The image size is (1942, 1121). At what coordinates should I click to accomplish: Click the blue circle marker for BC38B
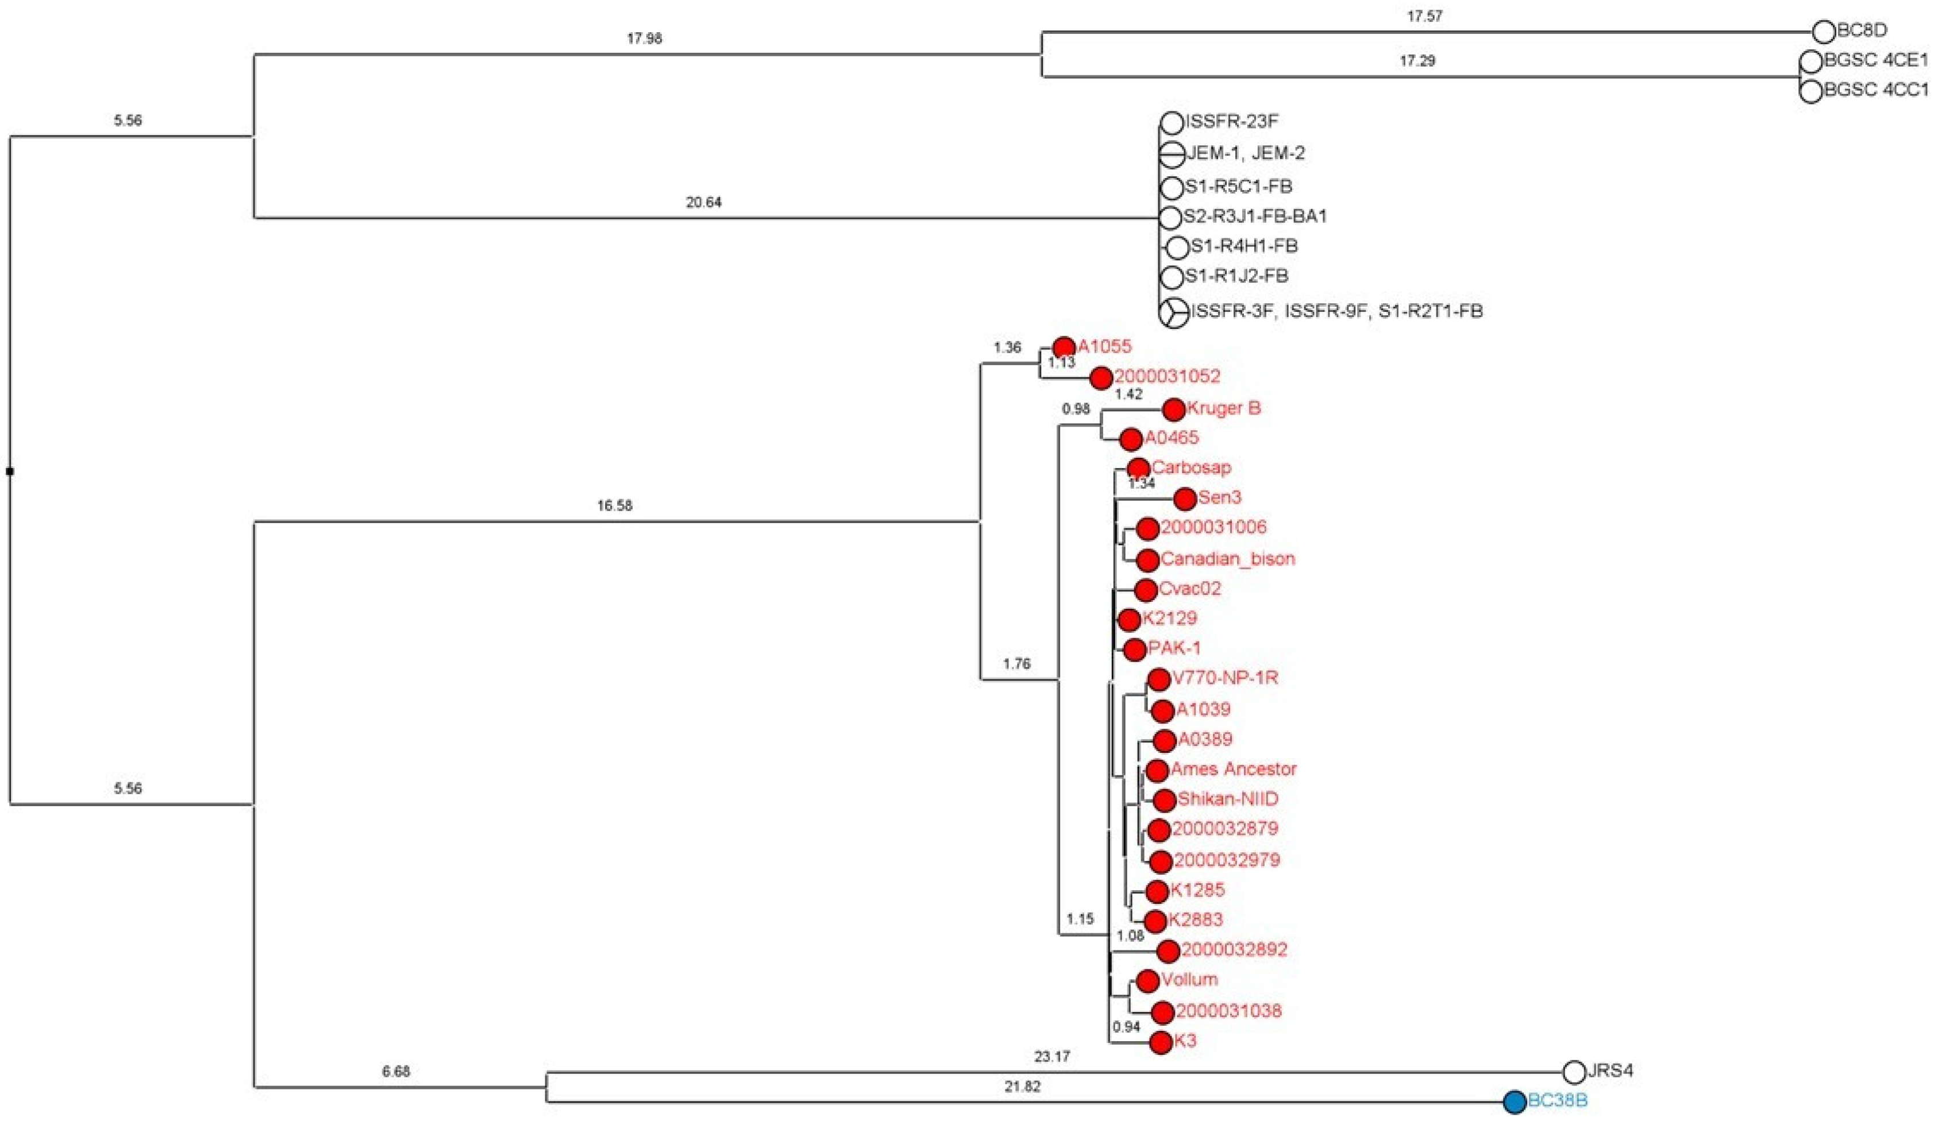pos(1515,1101)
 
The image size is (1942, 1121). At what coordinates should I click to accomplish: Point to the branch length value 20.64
pos(704,203)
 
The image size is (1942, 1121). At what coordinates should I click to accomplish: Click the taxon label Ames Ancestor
pos(1234,769)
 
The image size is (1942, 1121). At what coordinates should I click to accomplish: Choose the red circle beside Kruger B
pos(1173,409)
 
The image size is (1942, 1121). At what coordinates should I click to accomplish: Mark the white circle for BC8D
pos(1824,32)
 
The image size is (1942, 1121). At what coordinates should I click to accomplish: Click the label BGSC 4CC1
pos(1877,90)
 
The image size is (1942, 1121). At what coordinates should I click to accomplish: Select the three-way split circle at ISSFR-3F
pos(1173,312)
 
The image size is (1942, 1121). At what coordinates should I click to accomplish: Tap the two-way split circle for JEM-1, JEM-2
pos(1172,154)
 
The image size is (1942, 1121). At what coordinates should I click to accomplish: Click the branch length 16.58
pos(614,506)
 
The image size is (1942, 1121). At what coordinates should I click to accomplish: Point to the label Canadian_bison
pos(1227,559)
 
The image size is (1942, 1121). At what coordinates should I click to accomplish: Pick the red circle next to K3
pos(1161,1042)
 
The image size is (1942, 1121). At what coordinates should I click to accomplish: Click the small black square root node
pos(10,471)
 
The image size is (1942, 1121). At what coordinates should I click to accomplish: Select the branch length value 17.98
pos(644,38)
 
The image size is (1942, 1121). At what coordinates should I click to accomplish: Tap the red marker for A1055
pos(1064,347)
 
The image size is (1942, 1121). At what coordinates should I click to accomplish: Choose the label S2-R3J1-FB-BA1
pos(1256,217)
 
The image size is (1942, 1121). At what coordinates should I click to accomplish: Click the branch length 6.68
pos(396,1072)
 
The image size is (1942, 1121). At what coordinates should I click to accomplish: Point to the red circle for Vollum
pos(1147,981)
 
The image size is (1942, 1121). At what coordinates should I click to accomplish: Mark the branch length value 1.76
pos(1016,664)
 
